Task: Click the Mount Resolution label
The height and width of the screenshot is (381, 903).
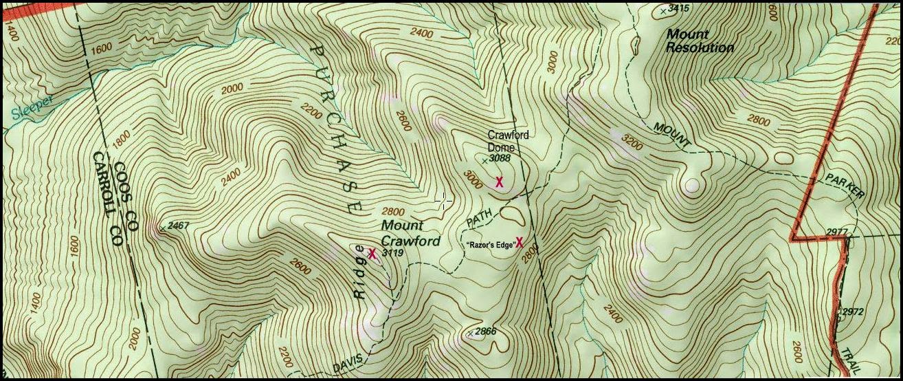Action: point(700,41)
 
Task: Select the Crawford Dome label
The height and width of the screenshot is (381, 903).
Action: point(508,141)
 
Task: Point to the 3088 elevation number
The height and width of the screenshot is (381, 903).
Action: point(501,159)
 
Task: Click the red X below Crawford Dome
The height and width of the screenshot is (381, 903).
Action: point(500,182)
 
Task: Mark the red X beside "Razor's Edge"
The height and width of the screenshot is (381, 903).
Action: point(520,242)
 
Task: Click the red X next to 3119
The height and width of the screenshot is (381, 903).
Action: point(372,254)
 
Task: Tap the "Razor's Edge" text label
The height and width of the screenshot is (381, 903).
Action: point(491,245)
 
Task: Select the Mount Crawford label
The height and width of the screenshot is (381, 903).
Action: point(410,233)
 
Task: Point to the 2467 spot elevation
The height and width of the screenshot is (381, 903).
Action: point(177,226)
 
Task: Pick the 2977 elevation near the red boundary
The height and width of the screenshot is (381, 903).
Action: point(838,231)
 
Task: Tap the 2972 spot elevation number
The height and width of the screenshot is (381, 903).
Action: point(852,312)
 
